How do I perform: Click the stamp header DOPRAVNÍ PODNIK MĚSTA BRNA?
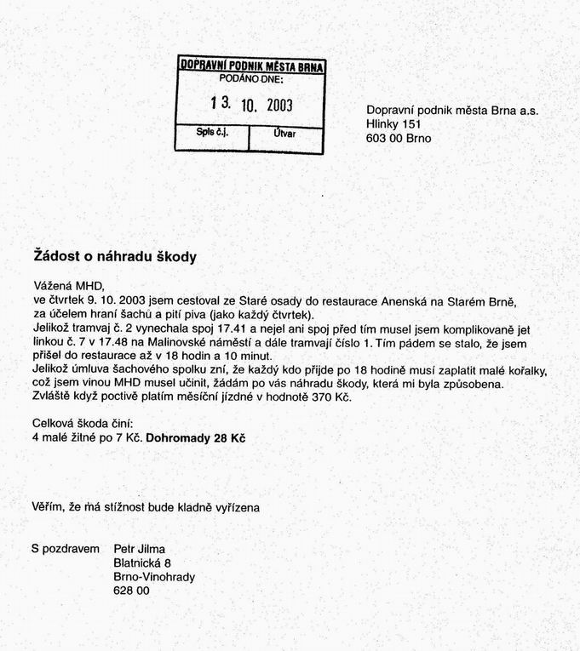252,66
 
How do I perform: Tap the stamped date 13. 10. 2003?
251,105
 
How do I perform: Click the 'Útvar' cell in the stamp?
285,134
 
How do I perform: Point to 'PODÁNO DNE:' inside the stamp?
251,79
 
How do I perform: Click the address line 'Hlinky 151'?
394,124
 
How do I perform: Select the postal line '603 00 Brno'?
399,138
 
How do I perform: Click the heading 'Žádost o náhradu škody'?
114,256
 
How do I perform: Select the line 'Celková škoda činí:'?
82,424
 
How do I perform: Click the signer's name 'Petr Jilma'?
140,549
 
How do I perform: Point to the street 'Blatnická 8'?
142,562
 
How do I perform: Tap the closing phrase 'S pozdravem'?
66,549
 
